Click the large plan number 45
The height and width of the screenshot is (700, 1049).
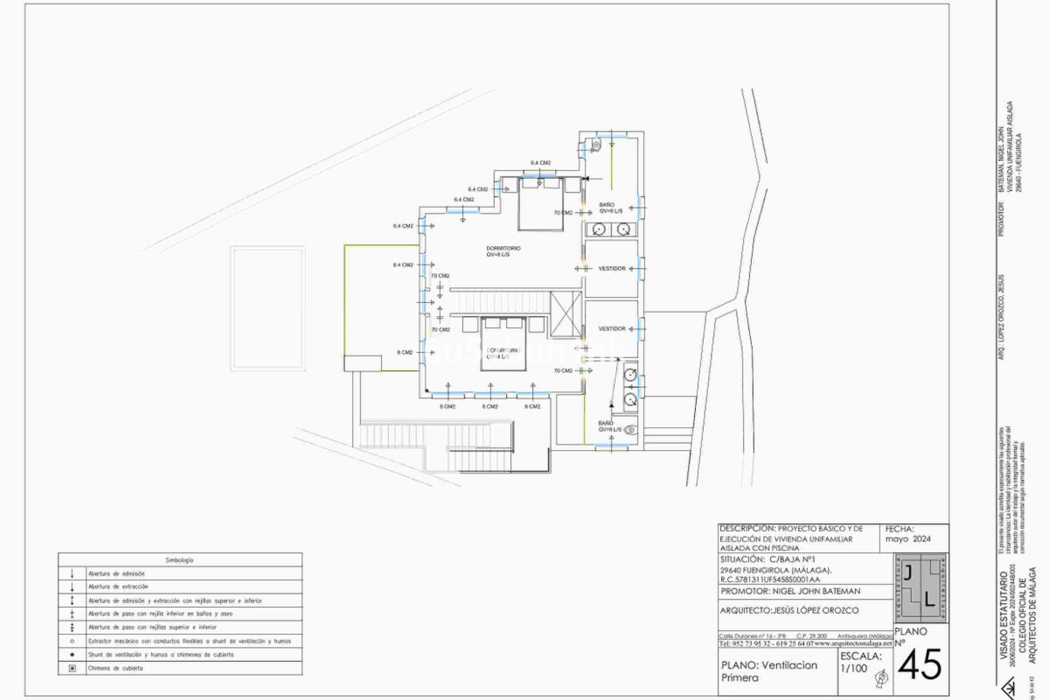tap(920, 664)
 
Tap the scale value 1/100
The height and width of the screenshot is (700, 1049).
tap(853, 668)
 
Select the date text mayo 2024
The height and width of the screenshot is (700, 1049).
tap(908, 539)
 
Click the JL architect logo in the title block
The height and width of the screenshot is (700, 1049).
tap(921, 588)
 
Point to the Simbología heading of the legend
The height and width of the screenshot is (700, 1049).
tap(180, 560)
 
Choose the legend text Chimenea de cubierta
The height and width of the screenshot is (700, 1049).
tap(115, 668)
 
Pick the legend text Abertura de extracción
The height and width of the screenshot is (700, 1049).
tap(118, 587)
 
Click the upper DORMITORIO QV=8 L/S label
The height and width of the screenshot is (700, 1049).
tap(503, 251)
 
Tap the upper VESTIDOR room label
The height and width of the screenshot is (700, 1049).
tap(611, 269)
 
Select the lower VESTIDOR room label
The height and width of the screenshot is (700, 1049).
tap(611, 329)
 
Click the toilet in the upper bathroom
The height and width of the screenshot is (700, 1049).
tap(596, 145)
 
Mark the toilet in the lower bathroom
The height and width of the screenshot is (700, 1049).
tap(631, 429)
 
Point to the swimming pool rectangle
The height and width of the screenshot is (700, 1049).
tap(268, 308)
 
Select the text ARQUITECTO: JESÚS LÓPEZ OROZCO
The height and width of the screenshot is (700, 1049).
tap(789, 610)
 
